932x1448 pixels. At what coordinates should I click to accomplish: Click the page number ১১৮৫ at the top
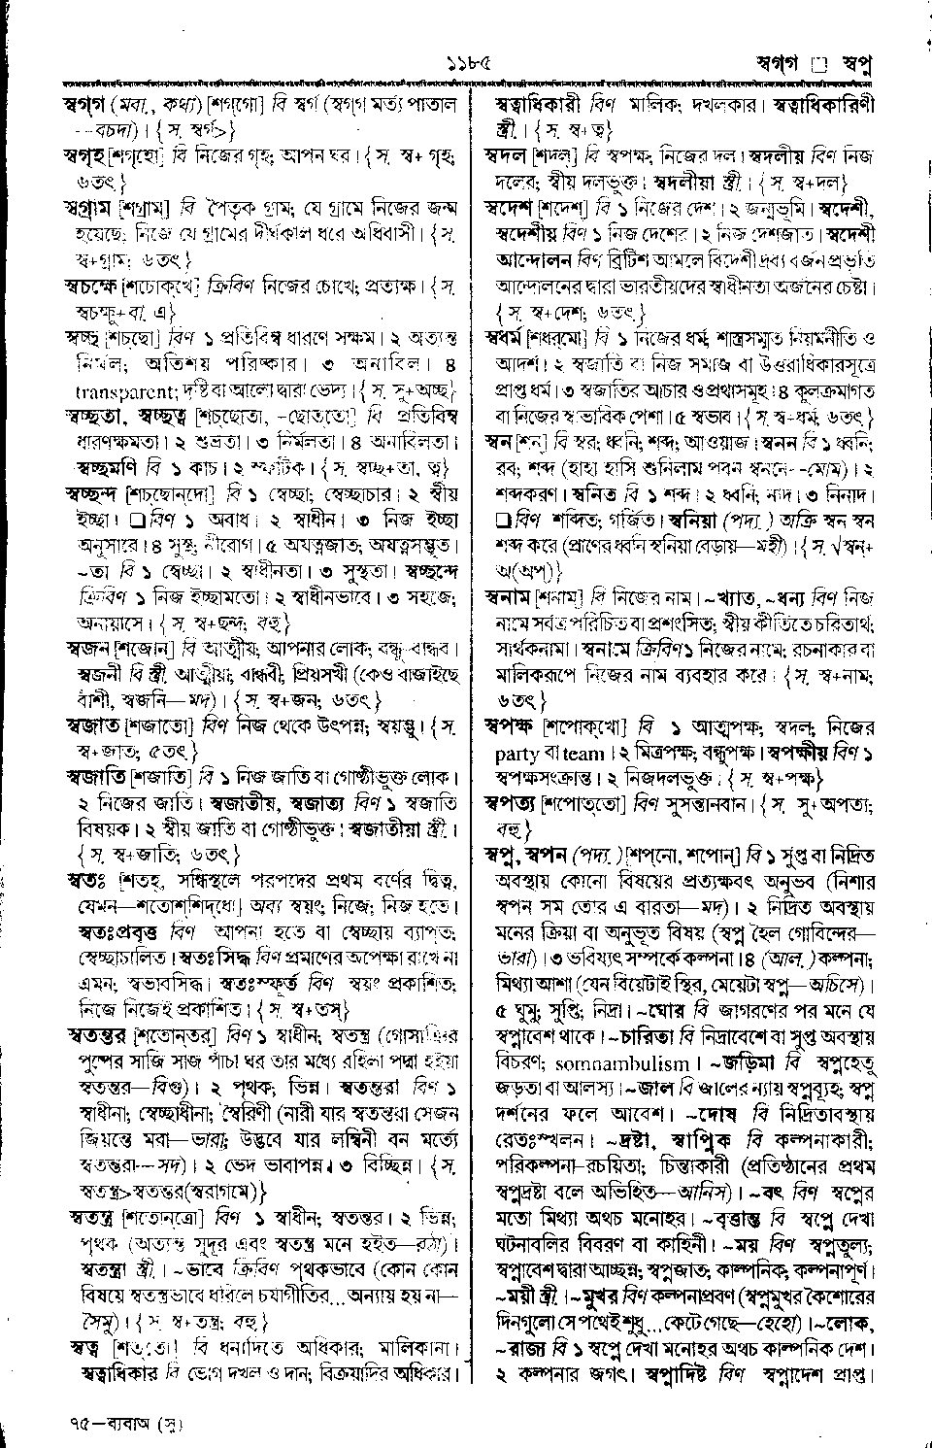[x=465, y=65]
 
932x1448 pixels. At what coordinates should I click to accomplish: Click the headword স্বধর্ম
[x=510, y=340]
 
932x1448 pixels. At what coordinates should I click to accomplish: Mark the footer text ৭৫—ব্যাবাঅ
[x=128, y=1426]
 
